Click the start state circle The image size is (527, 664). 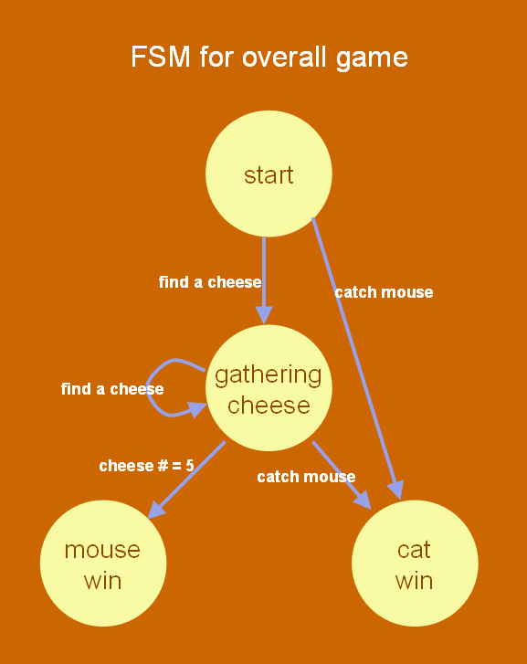pos(269,174)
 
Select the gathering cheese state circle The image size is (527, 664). pos(269,388)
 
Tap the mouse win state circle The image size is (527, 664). pos(103,564)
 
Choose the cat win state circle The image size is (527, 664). pos(415,564)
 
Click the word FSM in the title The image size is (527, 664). pos(161,57)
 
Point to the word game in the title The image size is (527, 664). pos(372,58)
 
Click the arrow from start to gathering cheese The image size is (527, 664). pos(264,280)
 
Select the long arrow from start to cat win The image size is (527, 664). pos(357,358)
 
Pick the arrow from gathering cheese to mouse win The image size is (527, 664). pos(186,480)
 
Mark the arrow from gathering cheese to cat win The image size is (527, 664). pos(342,475)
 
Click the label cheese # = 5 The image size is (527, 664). pos(146,466)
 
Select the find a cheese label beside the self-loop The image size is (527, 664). pos(112,389)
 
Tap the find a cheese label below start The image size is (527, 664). pos(210,282)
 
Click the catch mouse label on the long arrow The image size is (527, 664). pos(384,292)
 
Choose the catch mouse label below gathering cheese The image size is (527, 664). pos(306,477)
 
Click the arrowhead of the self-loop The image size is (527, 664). pos(198,409)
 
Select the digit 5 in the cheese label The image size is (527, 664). pos(190,466)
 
